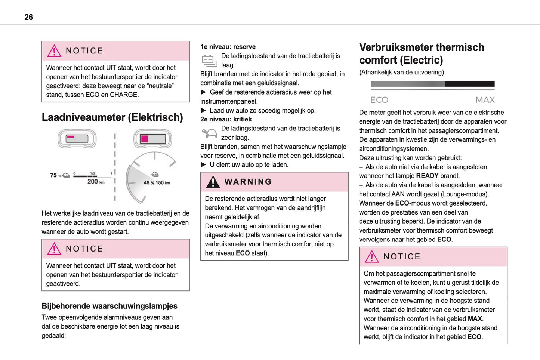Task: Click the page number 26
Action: tap(28, 17)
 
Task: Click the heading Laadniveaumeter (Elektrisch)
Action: tap(112, 117)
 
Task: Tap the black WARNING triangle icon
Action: tap(213, 182)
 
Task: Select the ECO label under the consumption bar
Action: tap(379, 100)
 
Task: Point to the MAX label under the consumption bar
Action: tap(485, 100)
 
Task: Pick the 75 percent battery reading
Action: tap(53, 175)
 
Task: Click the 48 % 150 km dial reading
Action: tap(157, 183)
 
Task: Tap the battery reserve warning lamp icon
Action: tap(209, 60)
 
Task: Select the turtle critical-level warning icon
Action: tap(209, 133)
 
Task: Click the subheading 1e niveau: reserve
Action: tap(228, 47)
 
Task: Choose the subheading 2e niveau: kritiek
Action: tap(226, 120)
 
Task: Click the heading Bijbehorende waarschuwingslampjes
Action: tap(109, 306)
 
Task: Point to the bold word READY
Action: tap(427, 176)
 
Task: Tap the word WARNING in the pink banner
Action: tap(248, 182)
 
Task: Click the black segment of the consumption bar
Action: tap(469, 84)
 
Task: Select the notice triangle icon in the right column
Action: tap(372, 257)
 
